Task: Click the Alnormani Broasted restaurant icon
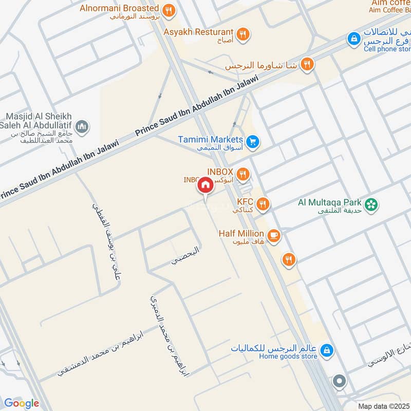coord(167,10)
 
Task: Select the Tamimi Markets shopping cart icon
coord(252,141)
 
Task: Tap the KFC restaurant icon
coord(263,204)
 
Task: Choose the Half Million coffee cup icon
coord(273,235)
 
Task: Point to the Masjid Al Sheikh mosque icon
coord(82,126)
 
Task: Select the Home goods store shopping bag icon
coord(326,351)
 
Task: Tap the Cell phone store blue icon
coord(353,39)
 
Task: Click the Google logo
coord(21,403)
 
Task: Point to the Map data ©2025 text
coord(384,406)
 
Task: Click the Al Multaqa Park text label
coord(330,202)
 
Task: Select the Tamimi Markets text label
coord(210,139)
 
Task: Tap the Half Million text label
coord(241,233)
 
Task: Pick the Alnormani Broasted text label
coord(119,8)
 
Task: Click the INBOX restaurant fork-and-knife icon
coord(243,174)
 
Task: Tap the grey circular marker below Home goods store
coord(339,381)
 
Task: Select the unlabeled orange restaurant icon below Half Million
coord(289,260)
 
